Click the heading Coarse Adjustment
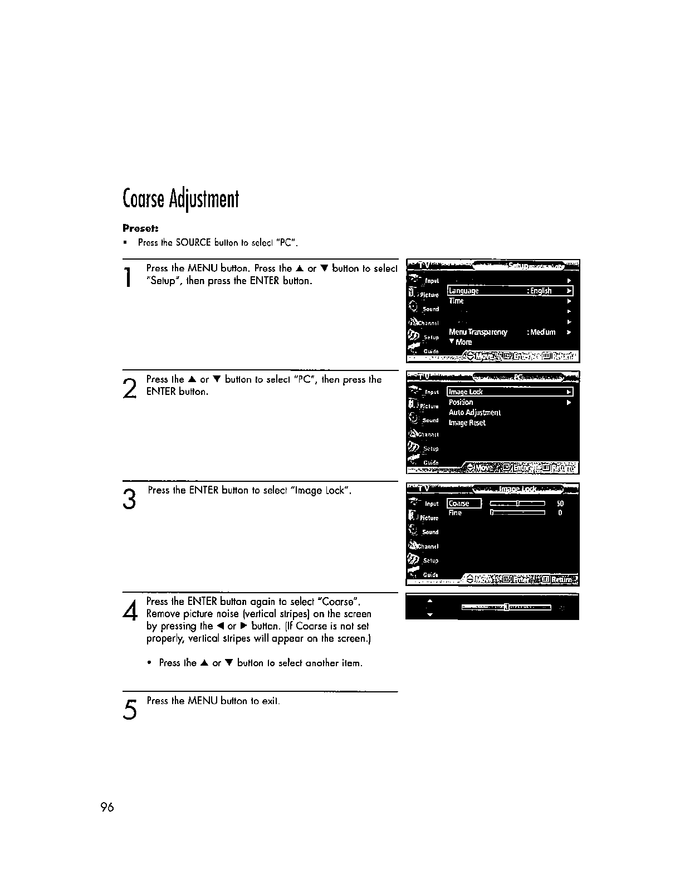click(180, 198)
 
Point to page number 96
click(107, 808)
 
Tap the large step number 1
click(129, 278)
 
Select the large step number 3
click(129, 499)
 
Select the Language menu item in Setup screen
click(464, 291)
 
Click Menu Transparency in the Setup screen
click(478, 333)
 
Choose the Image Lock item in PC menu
click(466, 392)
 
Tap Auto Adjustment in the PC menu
click(474, 413)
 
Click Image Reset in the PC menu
click(467, 423)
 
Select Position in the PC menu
click(461, 402)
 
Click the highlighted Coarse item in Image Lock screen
click(459, 504)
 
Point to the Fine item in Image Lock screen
click(455, 513)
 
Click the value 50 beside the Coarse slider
click(560, 504)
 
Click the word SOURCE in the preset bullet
click(192, 243)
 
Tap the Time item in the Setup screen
click(456, 301)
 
